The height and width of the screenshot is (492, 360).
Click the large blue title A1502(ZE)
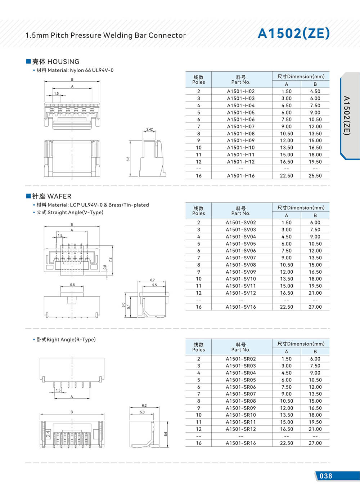[293, 33]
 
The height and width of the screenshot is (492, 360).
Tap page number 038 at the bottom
[326, 476]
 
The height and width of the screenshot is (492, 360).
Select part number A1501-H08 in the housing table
[240, 134]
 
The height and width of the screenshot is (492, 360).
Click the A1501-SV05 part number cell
[240, 244]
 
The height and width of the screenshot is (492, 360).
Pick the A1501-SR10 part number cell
[240, 415]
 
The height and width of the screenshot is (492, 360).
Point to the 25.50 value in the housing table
[315, 176]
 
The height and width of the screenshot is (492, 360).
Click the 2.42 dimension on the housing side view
[149, 129]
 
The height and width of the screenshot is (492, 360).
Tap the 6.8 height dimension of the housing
[128, 158]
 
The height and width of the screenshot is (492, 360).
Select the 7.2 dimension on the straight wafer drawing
[111, 259]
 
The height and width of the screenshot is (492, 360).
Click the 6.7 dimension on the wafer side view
[152, 280]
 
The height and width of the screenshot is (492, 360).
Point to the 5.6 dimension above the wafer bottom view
[72, 285]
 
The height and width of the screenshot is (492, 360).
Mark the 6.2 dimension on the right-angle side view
[144, 406]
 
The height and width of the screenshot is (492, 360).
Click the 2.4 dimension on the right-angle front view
[48, 434]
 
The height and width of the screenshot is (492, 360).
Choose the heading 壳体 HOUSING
[53, 62]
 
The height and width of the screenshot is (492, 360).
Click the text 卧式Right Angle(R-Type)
[66, 340]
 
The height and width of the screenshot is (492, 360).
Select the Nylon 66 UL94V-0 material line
[75, 70]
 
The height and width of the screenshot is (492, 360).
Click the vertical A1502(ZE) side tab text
[346, 115]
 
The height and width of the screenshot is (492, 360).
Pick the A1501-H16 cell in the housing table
[240, 176]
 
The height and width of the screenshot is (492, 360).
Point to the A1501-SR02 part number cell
[240, 359]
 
